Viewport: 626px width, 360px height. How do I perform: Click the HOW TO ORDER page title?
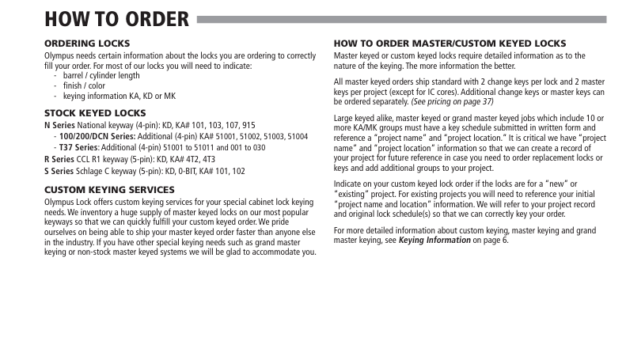click(x=116, y=18)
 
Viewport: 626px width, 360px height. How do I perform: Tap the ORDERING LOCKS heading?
click(x=87, y=43)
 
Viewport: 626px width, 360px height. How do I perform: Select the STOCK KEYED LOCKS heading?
click(x=95, y=113)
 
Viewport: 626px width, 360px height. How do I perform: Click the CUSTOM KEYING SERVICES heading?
click(x=109, y=190)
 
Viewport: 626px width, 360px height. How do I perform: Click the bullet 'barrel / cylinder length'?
click(x=101, y=76)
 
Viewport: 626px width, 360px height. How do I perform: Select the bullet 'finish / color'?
click(x=85, y=85)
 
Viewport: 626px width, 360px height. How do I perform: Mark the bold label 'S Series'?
click(x=59, y=170)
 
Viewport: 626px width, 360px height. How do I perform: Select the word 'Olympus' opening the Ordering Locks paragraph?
click(x=59, y=57)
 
